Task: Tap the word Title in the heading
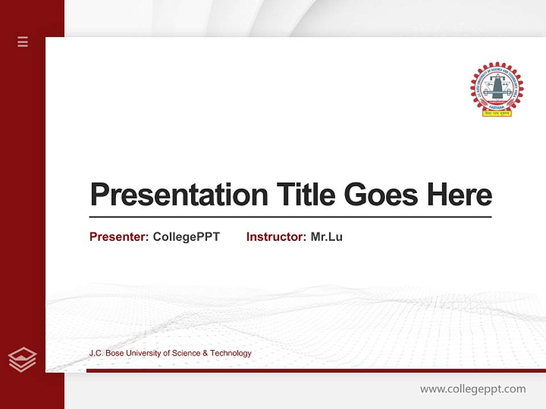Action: point(305,195)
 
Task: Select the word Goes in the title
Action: point(381,195)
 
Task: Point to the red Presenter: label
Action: point(119,237)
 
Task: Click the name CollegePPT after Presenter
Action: point(186,237)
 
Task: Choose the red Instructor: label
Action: point(276,237)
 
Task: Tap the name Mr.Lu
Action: point(326,237)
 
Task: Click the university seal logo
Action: point(497,86)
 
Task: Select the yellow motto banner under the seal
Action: point(497,113)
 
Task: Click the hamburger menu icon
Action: point(23,41)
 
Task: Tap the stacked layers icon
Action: point(22,360)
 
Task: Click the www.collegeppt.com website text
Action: point(473,389)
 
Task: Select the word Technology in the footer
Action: point(231,353)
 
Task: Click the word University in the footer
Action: point(143,353)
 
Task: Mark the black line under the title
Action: point(290,217)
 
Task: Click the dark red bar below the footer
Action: point(316,371)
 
